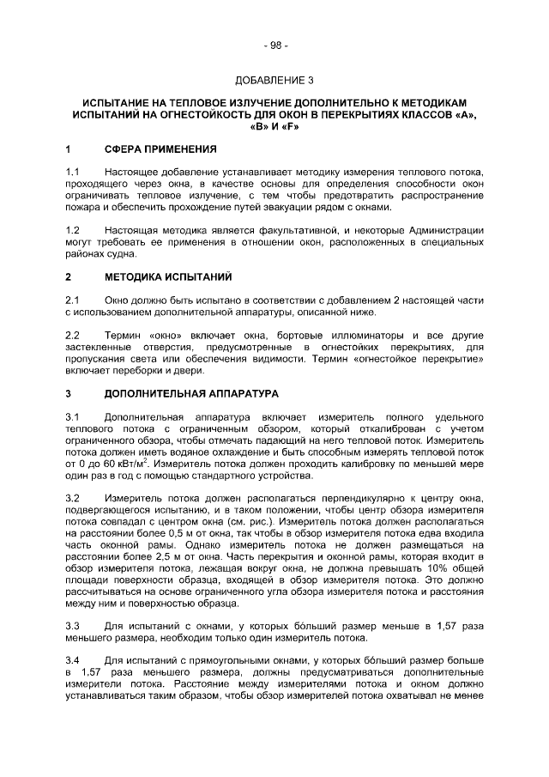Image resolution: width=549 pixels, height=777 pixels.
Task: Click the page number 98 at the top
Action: tap(275, 46)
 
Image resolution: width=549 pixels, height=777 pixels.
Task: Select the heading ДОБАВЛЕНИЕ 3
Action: tap(274, 81)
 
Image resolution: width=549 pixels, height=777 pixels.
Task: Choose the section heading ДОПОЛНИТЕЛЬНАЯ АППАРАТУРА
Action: tap(191, 393)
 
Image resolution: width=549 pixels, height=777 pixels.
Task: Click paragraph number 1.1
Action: tap(73, 173)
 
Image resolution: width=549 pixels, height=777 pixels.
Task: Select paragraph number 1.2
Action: tap(73, 231)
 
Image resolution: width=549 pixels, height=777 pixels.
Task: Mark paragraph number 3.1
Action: tap(73, 416)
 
